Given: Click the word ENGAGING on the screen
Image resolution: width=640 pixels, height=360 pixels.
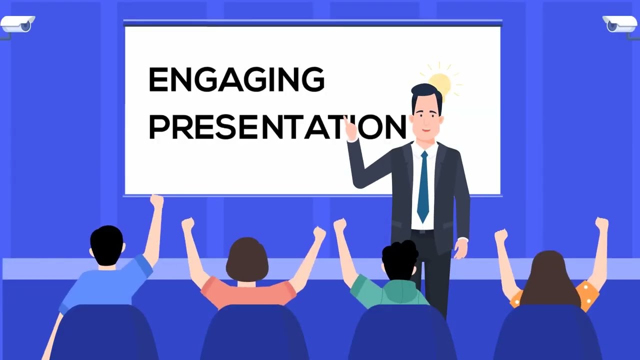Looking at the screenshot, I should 236,80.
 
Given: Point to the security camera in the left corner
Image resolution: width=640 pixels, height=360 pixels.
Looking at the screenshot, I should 17,23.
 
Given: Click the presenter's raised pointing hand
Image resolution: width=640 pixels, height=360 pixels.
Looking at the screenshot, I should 349,128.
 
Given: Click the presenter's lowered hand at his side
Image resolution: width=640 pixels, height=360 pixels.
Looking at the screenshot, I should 460,248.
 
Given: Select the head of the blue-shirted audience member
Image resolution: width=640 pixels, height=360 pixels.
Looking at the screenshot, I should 106,245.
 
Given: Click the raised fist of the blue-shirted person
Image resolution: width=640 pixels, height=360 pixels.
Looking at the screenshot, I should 156,201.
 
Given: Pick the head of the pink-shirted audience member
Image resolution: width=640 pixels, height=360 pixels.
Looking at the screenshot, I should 247,260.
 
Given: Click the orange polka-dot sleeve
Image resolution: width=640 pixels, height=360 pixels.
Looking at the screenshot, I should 588,294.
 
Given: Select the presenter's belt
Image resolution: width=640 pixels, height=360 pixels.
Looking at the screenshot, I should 422,233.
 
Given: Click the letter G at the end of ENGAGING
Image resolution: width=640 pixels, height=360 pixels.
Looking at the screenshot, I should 313,80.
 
